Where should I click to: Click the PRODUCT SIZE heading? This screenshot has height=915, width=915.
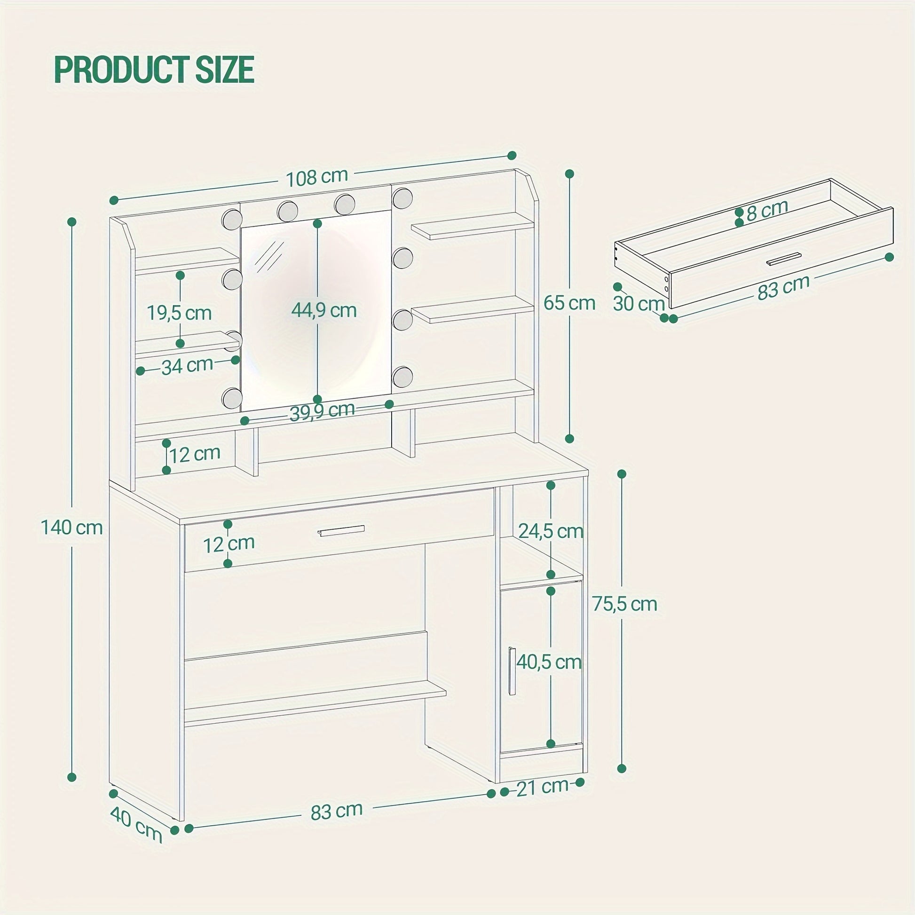pyautogui.click(x=154, y=70)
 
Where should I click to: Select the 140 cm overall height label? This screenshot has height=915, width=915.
pyautogui.click(x=72, y=527)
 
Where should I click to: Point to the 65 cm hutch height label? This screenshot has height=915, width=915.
pyautogui.click(x=569, y=303)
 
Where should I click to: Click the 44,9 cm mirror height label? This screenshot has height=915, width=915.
pyautogui.click(x=324, y=310)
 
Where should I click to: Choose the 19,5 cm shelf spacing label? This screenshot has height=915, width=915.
pyautogui.click(x=179, y=313)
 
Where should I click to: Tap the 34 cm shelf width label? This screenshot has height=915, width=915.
pyautogui.click(x=188, y=366)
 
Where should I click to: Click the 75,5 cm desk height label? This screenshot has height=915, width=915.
pyautogui.click(x=625, y=604)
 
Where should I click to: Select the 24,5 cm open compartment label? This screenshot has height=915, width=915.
pyautogui.click(x=551, y=531)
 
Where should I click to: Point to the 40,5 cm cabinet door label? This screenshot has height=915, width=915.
pyautogui.click(x=549, y=662)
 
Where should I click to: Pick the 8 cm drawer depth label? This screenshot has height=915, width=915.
pyautogui.click(x=767, y=211)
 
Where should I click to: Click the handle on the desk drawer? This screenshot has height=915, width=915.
pyautogui.click(x=341, y=531)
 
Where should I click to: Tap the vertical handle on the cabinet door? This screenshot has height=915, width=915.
pyautogui.click(x=512, y=670)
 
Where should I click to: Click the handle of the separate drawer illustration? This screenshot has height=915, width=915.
pyautogui.click(x=784, y=259)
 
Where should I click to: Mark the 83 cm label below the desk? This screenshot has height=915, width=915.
pyautogui.click(x=337, y=811)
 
